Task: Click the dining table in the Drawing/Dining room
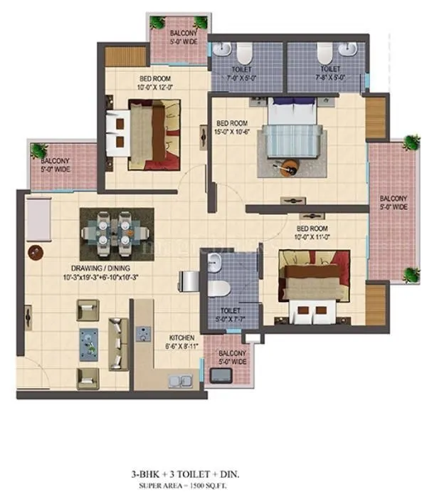[x=116, y=231]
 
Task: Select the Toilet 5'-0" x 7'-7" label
[x=228, y=315]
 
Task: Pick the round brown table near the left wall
[x=34, y=252]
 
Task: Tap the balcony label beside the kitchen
[x=232, y=357]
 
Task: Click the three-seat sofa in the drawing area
[x=117, y=342]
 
